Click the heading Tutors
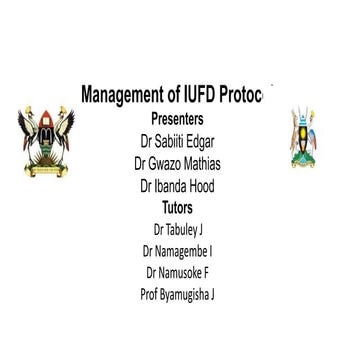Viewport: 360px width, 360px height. tap(177, 207)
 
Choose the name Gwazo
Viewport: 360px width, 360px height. tap(168, 163)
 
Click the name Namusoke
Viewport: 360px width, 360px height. tap(187, 272)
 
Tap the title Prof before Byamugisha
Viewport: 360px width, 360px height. tap(151, 294)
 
